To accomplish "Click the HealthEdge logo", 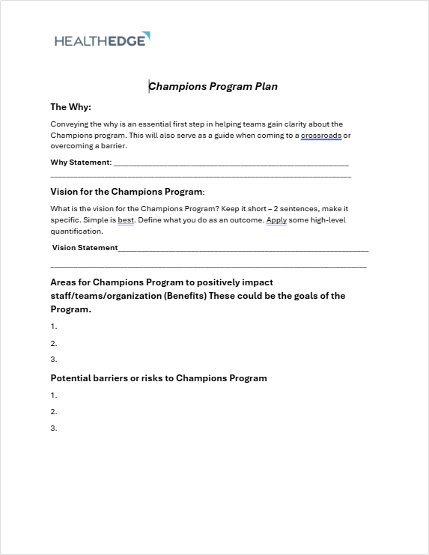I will pos(103,39).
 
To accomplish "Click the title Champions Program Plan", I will pos(213,86).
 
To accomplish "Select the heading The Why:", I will pos(70,107).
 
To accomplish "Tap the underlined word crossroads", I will pos(321,135).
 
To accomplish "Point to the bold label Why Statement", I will pos(80,162).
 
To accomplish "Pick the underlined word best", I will pos(126,220).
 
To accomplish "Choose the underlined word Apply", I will pos(276,220).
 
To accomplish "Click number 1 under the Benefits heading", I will pos(54,327).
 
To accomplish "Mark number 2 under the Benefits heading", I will pos(54,343).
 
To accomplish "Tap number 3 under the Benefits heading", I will pos(54,360).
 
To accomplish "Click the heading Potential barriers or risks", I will pos(159,378).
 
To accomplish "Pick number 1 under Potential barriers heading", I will pos(54,395).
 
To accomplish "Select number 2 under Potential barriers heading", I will pos(54,411).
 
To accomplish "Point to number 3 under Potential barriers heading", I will pos(54,428).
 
